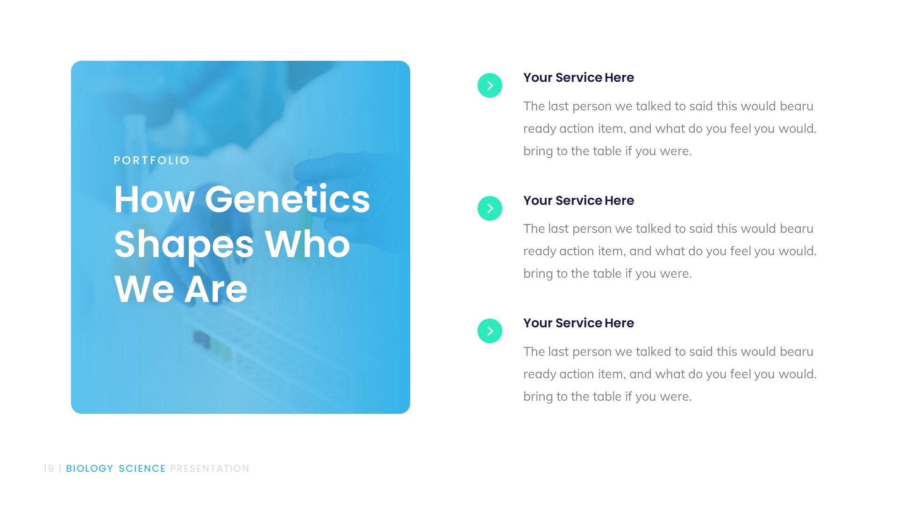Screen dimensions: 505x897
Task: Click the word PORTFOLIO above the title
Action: pyautogui.click(x=151, y=160)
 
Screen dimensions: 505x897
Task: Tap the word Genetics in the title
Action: pyautogui.click(x=287, y=200)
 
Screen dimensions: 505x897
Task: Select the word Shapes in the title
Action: pyautogui.click(x=184, y=245)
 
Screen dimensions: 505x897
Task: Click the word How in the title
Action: pyautogui.click(x=154, y=200)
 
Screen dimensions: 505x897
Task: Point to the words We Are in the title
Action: pyautogui.click(x=180, y=289)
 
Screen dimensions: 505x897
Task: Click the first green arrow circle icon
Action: pyautogui.click(x=490, y=86)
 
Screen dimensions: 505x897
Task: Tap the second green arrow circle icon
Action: pyautogui.click(x=490, y=209)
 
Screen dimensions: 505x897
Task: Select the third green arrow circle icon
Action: pyautogui.click(x=490, y=331)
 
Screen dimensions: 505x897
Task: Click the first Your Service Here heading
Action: pyautogui.click(x=578, y=78)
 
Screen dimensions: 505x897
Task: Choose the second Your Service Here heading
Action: pyautogui.click(x=578, y=201)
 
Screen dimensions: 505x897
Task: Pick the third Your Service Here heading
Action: pyautogui.click(x=578, y=323)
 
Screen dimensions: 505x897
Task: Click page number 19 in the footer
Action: pyautogui.click(x=49, y=469)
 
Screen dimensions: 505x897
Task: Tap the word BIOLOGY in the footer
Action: pyautogui.click(x=89, y=469)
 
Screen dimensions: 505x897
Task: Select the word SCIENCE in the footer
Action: pyautogui.click(x=142, y=469)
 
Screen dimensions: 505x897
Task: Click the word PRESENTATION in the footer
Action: pyautogui.click(x=209, y=469)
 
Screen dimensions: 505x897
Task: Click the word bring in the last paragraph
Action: pyautogui.click(x=538, y=397)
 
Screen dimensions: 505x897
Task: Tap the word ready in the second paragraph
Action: pyautogui.click(x=539, y=252)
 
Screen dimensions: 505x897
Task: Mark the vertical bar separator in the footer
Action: pyautogui.click(x=60, y=469)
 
